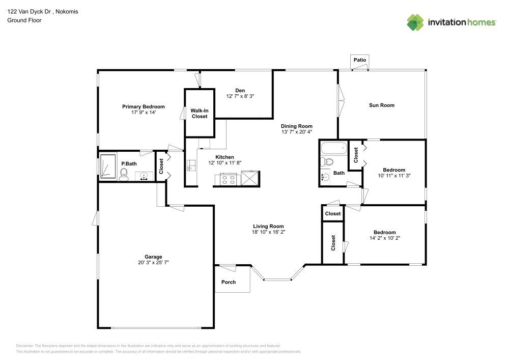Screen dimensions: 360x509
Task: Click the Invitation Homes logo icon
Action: tap(415, 22)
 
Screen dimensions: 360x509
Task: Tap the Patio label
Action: tap(360, 60)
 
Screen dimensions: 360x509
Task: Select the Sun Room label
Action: tap(382, 105)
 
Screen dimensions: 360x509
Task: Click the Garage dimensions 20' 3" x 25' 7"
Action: tap(153, 263)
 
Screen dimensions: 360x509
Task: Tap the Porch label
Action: tap(229, 282)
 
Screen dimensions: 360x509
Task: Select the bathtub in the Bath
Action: tap(334, 150)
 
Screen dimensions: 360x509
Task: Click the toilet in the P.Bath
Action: tap(123, 175)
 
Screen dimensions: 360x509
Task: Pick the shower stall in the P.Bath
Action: tap(108, 166)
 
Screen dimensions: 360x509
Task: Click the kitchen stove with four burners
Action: tap(228, 179)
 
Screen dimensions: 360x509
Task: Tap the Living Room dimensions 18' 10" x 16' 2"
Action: tap(268, 232)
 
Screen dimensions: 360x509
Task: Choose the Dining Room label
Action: tap(297, 126)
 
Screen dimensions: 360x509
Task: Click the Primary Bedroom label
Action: tap(143, 106)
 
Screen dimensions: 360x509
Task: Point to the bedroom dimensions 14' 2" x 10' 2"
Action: tap(384, 238)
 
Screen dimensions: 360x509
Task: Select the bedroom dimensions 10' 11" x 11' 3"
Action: tap(393, 175)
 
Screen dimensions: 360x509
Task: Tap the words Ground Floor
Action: tap(24, 20)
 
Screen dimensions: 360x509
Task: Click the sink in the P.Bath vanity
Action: tap(144, 177)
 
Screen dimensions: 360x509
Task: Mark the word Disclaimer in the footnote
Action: tap(25, 345)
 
